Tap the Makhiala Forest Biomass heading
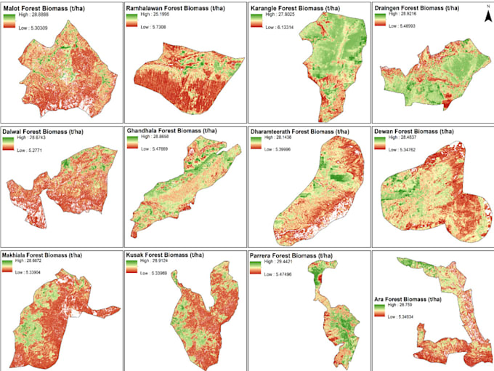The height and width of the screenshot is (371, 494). click(49, 255)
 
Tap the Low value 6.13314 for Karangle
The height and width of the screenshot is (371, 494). click(284, 26)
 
